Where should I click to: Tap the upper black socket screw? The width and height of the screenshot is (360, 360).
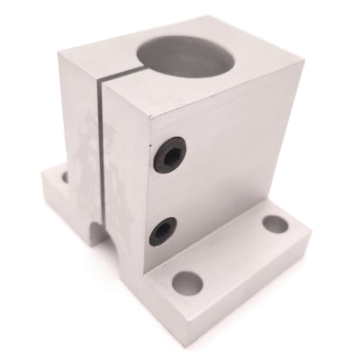pyautogui.click(x=168, y=155)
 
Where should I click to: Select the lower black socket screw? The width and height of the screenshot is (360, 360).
pyautogui.click(x=163, y=230)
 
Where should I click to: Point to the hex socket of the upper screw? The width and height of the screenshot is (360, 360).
pyautogui.click(x=168, y=155)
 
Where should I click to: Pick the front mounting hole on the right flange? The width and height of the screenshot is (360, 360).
pyautogui.click(x=187, y=283)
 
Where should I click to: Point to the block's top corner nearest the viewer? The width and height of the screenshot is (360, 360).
pyautogui.click(x=130, y=117)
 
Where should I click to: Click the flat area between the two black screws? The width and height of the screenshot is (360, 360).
pyautogui.click(x=167, y=193)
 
